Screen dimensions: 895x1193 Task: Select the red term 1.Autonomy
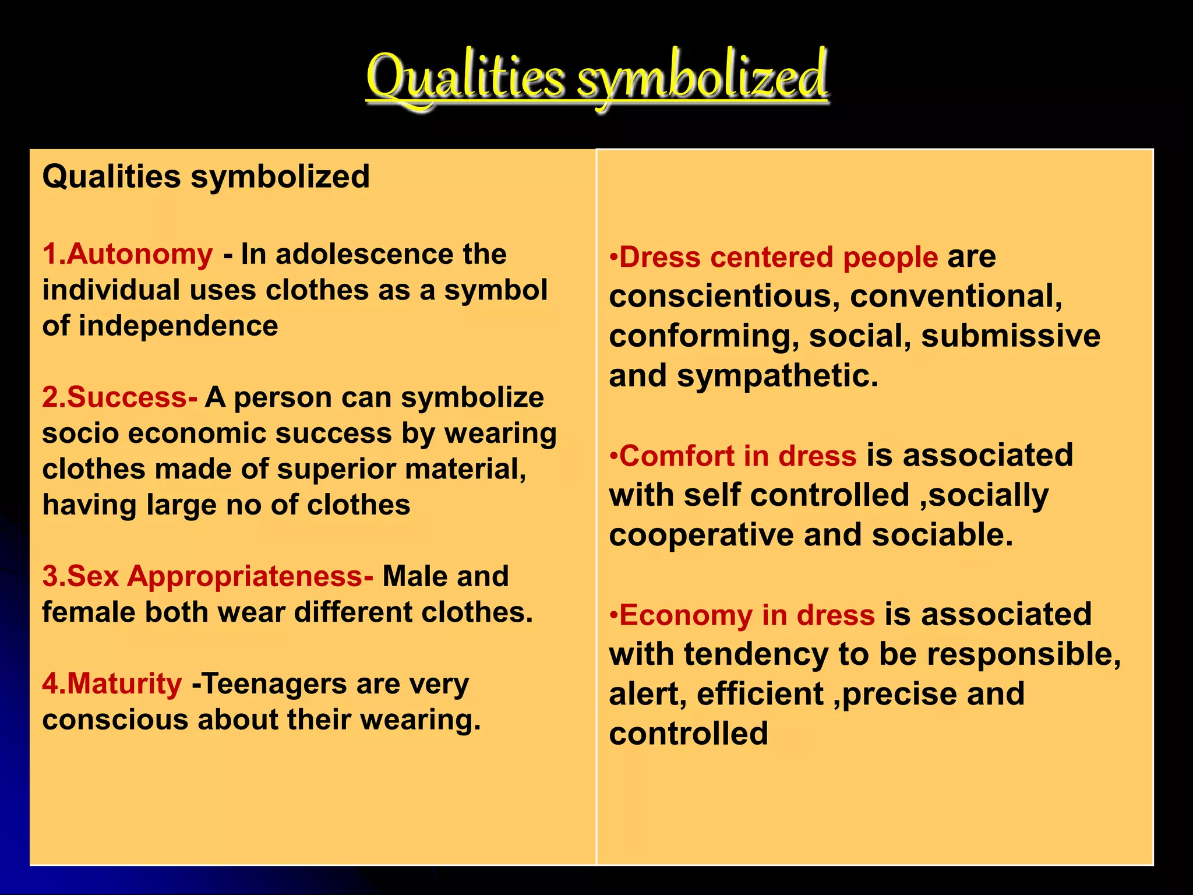click(x=128, y=255)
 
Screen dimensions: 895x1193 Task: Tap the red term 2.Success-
click(x=119, y=398)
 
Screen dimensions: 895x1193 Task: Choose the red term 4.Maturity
click(x=112, y=684)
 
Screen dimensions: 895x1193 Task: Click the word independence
click(x=178, y=326)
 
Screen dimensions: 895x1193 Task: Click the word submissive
click(x=1011, y=336)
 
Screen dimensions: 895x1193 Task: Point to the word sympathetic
click(x=777, y=376)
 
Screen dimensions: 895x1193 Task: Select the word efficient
click(x=760, y=695)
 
